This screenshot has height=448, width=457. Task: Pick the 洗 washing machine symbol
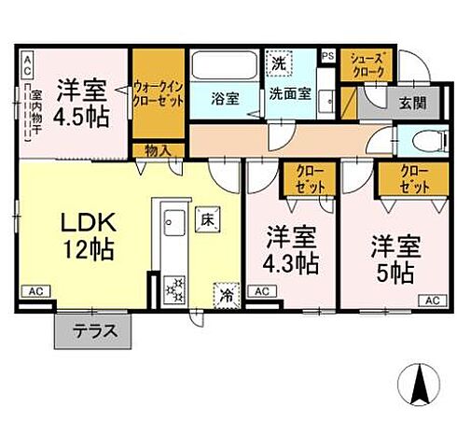point(278,63)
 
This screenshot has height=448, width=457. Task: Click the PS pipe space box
point(326,56)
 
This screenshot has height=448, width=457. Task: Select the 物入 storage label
point(156,149)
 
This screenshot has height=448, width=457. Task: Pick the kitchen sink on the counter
point(173,221)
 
